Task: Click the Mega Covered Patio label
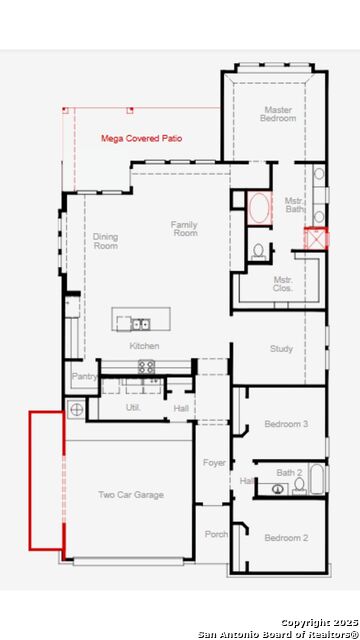[x=146, y=139]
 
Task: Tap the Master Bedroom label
[x=278, y=114]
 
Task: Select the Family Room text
[x=185, y=229]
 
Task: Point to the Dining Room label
[x=106, y=241]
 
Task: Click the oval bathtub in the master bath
[x=257, y=209]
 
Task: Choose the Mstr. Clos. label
[x=283, y=284]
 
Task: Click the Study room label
[x=281, y=349]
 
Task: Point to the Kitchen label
[x=144, y=346]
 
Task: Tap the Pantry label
[x=84, y=376]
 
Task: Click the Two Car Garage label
[x=131, y=495]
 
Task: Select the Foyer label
[x=214, y=463]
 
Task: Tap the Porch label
[x=215, y=533]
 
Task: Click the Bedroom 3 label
[x=285, y=424]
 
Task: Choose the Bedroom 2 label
[x=286, y=538]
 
